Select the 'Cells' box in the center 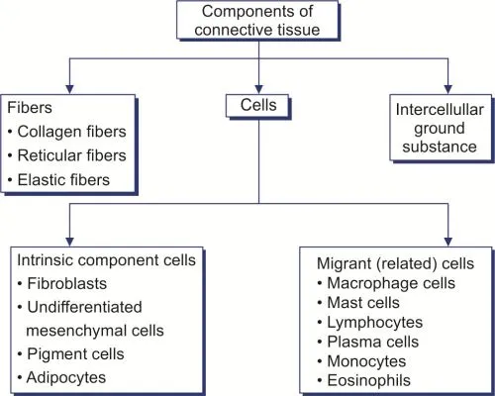click(x=256, y=104)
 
